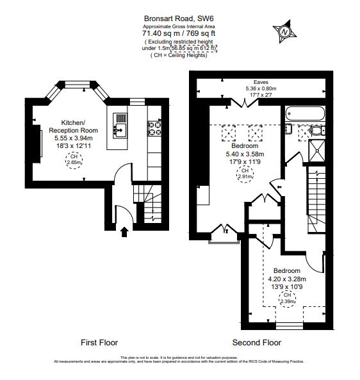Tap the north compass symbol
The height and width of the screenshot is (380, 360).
coord(283,30)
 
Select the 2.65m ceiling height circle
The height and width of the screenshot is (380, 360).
coord(74,160)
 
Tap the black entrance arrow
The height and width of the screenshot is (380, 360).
coord(124,231)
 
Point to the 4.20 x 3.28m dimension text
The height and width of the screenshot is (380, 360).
coord(286,279)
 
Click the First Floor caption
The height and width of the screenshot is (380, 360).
coord(99,342)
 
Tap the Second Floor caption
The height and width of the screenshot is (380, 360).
coord(256,342)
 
